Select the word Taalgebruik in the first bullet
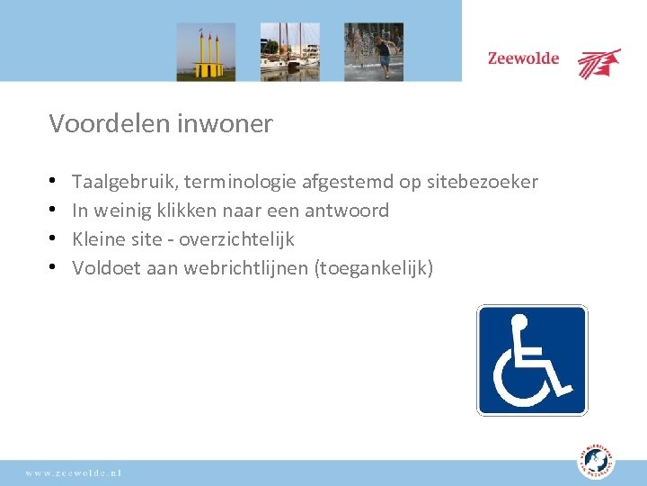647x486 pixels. (x=124, y=183)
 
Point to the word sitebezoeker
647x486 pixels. (x=482, y=183)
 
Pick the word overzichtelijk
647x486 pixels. (x=237, y=239)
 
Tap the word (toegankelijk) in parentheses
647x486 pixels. (x=374, y=268)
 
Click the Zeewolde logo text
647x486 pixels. (x=523, y=59)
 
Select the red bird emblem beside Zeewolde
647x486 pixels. (x=598, y=63)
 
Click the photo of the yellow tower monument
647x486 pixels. (x=206, y=51)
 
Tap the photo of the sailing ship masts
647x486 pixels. (x=289, y=51)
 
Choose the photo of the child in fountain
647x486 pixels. (x=374, y=51)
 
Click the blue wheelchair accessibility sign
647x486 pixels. (x=532, y=360)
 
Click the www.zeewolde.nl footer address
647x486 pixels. (x=74, y=472)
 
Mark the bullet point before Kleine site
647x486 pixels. (x=55, y=239)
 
